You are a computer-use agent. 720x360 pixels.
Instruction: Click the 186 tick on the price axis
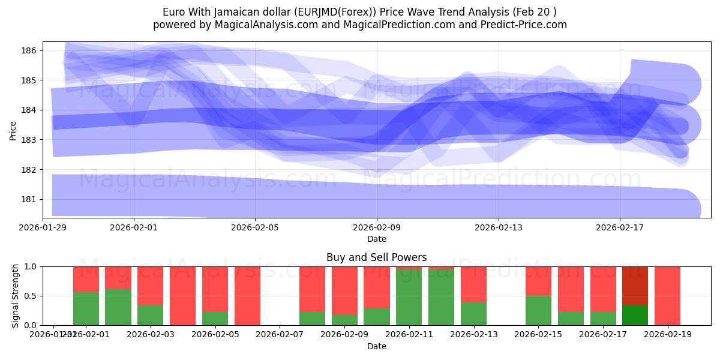pyautogui.click(x=31, y=50)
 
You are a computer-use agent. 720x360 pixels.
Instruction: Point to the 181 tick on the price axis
pyautogui.click(x=31, y=199)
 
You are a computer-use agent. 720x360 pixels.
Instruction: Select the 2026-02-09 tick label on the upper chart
pyautogui.click(x=377, y=227)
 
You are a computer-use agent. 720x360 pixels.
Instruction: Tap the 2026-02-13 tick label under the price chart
pyautogui.click(x=499, y=227)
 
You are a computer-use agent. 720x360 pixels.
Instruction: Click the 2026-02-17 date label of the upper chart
pyautogui.click(x=620, y=227)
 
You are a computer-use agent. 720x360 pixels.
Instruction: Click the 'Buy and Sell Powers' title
pyautogui.click(x=376, y=257)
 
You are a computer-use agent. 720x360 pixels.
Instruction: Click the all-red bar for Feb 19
pyautogui.click(x=667, y=296)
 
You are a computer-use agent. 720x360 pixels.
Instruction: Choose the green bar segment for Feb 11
pyautogui.click(x=409, y=298)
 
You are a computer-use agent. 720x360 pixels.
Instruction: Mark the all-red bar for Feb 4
pyautogui.click(x=182, y=296)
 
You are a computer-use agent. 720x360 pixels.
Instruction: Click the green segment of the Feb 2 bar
pyautogui.click(x=118, y=307)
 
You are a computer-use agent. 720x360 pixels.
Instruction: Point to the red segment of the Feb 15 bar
pyautogui.click(x=538, y=281)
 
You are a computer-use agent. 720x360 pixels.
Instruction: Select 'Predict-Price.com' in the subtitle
pyautogui.click(x=527, y=25)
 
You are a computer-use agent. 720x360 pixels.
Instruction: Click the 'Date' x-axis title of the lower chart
pyautogui.click(x=376, y=346)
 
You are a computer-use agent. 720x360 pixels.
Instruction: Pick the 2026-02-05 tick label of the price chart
pyautogui.click(x=256, y=227)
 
